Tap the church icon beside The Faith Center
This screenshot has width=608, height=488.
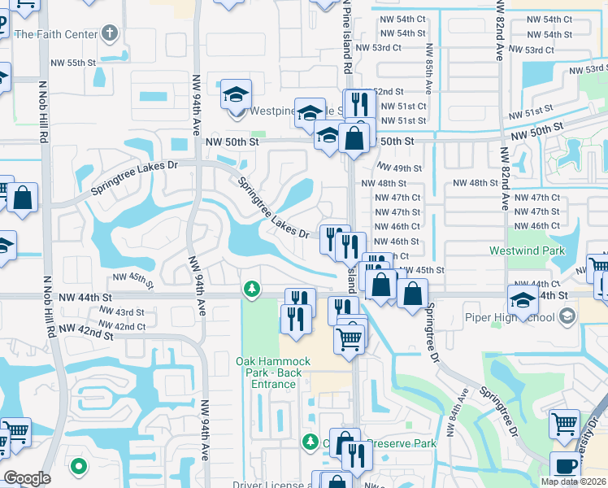point(111,34)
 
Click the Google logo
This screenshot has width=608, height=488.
point(27,478)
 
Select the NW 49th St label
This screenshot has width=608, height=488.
point(402,168)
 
